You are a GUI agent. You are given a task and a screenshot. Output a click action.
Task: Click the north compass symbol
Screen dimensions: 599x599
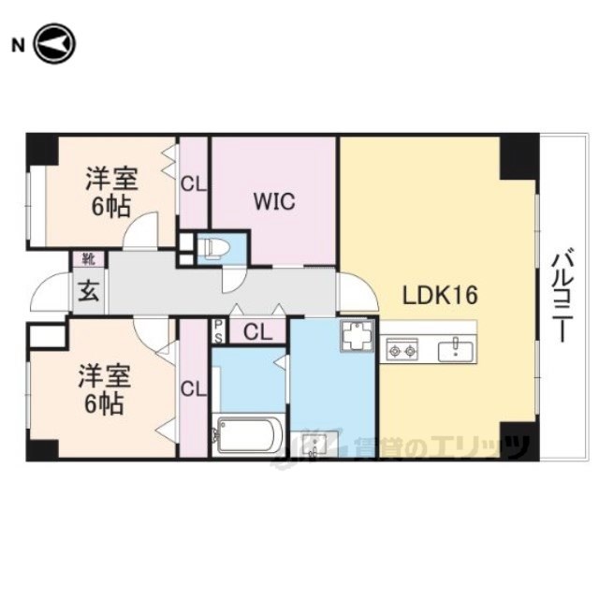pos(55,44)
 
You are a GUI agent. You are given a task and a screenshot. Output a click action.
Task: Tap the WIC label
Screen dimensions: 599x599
pos(274,201)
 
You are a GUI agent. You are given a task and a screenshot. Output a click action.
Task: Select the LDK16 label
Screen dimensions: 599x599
pos(440,295)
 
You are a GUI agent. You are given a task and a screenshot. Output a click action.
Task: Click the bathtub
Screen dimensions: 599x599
pos(248,435)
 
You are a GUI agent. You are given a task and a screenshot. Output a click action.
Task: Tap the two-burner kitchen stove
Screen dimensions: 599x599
pos(402,350)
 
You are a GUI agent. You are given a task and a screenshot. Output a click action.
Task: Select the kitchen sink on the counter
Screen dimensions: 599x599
pos(456,350)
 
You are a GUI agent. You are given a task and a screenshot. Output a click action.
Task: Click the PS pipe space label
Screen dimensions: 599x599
pos(218,331)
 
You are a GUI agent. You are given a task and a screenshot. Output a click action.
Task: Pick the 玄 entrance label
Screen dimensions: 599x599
pos(89,291)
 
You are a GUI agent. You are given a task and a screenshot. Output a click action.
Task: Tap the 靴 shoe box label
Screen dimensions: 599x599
pos(89,259)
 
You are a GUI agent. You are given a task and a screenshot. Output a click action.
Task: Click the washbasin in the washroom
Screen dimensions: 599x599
pos(314,444)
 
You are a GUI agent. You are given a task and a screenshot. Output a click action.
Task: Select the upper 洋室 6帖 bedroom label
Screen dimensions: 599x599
pos(111,192)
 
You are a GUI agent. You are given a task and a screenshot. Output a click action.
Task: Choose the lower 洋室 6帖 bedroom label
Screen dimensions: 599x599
pos(105,389)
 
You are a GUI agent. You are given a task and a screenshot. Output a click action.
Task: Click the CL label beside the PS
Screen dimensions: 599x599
pos(258,332)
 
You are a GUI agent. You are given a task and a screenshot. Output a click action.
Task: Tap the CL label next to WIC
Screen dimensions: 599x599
pos(194,184)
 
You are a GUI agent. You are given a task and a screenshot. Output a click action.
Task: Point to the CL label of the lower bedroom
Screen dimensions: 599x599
pos(194,389)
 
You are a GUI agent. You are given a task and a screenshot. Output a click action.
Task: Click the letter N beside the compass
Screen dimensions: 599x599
pos(19,46)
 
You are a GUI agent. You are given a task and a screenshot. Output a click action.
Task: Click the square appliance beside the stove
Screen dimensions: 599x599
pos(357,335)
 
